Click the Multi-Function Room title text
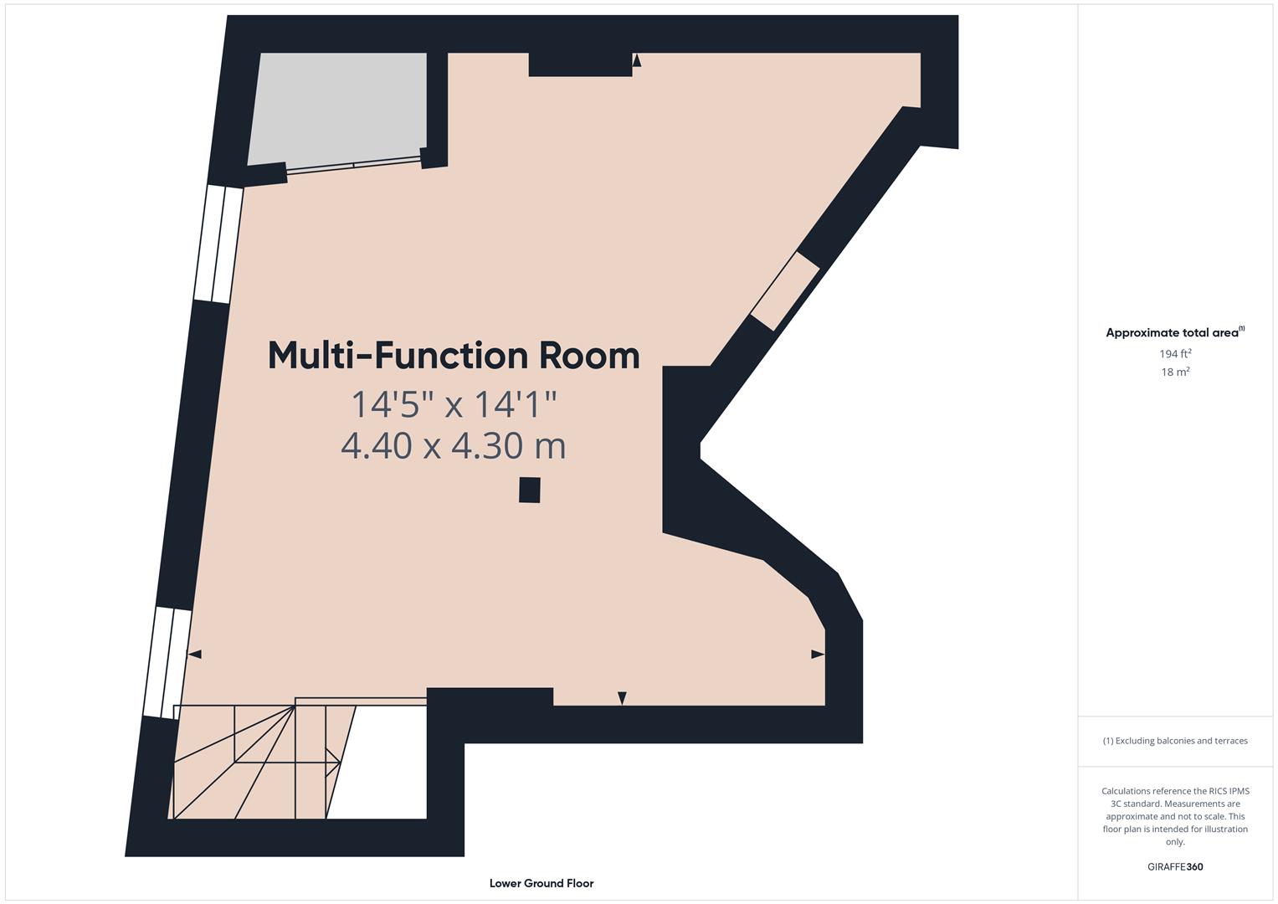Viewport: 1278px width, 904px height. tap(454, 356)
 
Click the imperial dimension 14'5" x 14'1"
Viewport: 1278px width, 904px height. tap(454, 404)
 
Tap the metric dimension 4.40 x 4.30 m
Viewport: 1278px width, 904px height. tap(454, 445)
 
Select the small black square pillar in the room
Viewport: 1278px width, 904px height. tap(529, 490)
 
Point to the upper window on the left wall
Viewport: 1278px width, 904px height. tap(218, 244)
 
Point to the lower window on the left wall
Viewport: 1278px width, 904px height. tap(167, 662)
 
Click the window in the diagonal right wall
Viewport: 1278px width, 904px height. tap(784, 290)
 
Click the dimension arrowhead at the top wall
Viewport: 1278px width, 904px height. tap(637, 60)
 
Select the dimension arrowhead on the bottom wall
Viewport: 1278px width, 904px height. tap(622, 698)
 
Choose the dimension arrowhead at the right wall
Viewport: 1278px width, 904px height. tap(818, 654)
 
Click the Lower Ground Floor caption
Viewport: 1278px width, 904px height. tap(541, 883)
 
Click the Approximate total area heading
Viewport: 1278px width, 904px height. tap(1173, 332)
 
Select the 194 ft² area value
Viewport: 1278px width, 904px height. tap(1175, 354)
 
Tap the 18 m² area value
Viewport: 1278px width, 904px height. tap(1175, 372)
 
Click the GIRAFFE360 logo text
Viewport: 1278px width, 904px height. tap(1175, 866)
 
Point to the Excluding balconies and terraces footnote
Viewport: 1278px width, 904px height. tap(1175, 741)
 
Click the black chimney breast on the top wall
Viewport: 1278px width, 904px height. tap(580, 64)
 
